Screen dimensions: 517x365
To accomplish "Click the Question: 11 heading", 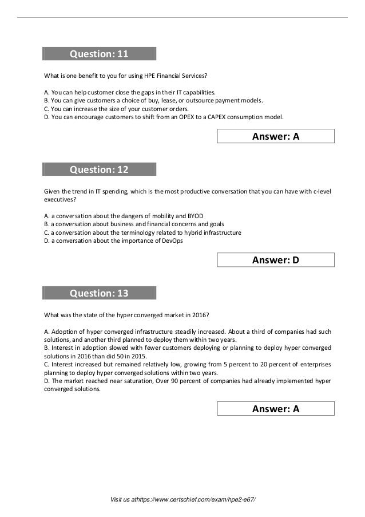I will point(99,54).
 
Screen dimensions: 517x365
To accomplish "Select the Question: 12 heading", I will point(99,169).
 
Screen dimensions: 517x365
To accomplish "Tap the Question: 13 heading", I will point(99,294).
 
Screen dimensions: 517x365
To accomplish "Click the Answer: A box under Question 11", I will point(276,136).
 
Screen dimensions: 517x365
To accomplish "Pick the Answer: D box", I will point(276,261).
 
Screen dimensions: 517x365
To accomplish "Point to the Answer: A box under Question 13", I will point(276,409).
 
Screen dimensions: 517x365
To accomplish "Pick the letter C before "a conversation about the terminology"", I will point(46,232).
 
